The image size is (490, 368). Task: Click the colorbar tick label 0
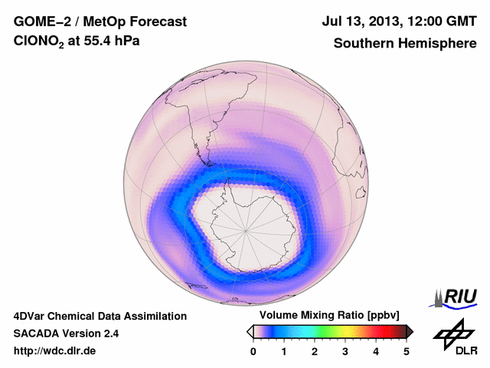point(253,351)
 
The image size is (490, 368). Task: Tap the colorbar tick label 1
point(284,351)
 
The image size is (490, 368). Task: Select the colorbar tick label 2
point(315,351)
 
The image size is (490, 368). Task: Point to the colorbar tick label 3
point(345,351)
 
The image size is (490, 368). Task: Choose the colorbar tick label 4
point(376,351)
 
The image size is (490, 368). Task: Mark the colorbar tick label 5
point(407,351)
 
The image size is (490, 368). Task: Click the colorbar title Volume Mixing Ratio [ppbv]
point(326,316)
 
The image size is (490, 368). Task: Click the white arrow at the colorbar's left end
point(250,331)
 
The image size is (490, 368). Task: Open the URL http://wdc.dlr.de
point(55,351)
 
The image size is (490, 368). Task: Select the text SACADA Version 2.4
point(66,333)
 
